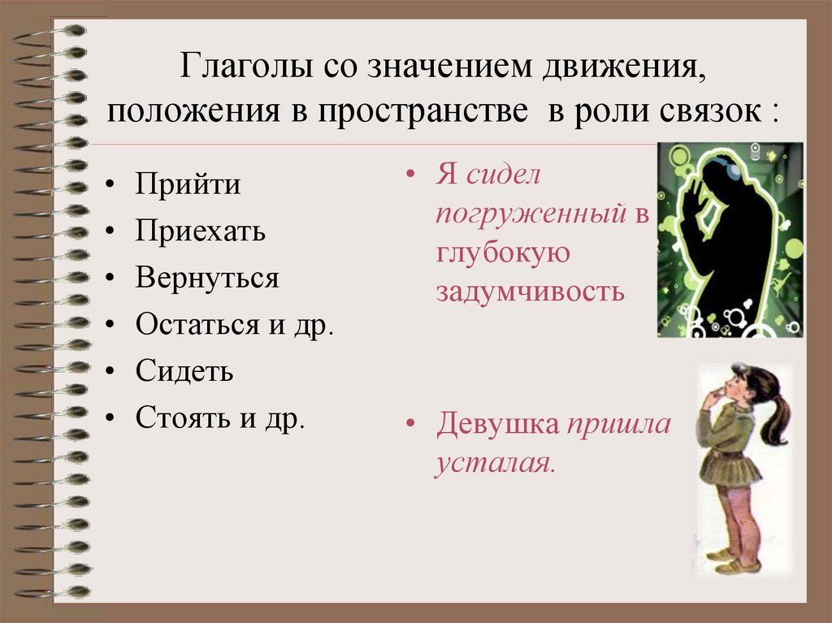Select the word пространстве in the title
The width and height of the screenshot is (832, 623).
(421, 111)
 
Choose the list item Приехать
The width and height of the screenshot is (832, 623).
(201, 231)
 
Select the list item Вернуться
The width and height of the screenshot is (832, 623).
(207, 279)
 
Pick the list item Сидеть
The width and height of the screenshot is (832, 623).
(184, 372)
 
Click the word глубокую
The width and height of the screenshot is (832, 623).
(501, 253)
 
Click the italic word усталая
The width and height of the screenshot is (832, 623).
(495, 463)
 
